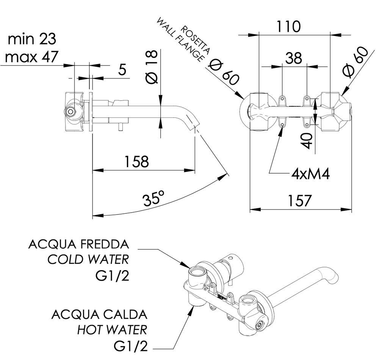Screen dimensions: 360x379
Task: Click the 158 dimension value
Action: [135, 162]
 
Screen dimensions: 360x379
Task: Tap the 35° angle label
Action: [154, 199]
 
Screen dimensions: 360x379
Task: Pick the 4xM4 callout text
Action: [310, 174]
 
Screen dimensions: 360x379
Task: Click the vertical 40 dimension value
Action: [308, 141]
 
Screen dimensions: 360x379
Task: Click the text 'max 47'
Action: [32, 57]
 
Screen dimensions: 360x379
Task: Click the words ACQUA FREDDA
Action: [78, 244]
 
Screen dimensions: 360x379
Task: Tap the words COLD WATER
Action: [88, 260]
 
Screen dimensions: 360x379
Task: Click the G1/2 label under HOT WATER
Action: [130, 346]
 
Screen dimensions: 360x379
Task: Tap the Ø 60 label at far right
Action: [356, 62]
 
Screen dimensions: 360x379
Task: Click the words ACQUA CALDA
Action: [99, 314]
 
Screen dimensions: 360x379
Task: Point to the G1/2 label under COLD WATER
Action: [113, 276]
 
